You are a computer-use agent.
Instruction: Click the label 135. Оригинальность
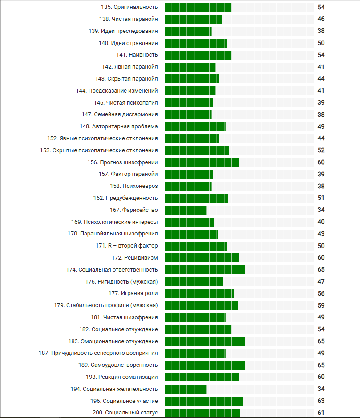pyautogui.click(x=129, y=7)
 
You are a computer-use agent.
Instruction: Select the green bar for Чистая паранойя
pyautogui.click(x=193, y=19)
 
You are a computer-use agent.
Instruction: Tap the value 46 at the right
pyautogui.click(x=321, y=19)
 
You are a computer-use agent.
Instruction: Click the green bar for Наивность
pyautogui.click(x=198, y=55)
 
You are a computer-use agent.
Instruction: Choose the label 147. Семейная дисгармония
pyautogui.click(x=120, y=114)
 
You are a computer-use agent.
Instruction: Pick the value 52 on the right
pyautogui.click(x=321, y=150)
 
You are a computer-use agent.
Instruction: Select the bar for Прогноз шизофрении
pyautogui.click(x=202, y=162)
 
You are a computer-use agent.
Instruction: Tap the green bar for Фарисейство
pyautogui.click(x=186, y=210)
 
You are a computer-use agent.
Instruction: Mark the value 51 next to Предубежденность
pyautogui.click(x=321, y=198)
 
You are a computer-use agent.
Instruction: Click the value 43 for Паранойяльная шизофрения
pyautogui.click(x=321, y=234)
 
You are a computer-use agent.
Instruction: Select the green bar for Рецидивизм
pyautogui.click(x=202, y=257)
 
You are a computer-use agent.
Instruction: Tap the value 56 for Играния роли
pyautogui.click(x=321, y=293)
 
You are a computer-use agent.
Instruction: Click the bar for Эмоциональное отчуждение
pyautogui.click(x=205, y=341)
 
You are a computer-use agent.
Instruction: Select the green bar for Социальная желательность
pyautogui.click(x=186, y=389)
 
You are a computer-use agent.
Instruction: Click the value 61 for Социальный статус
pyautogui.click(x=321, y=413)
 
